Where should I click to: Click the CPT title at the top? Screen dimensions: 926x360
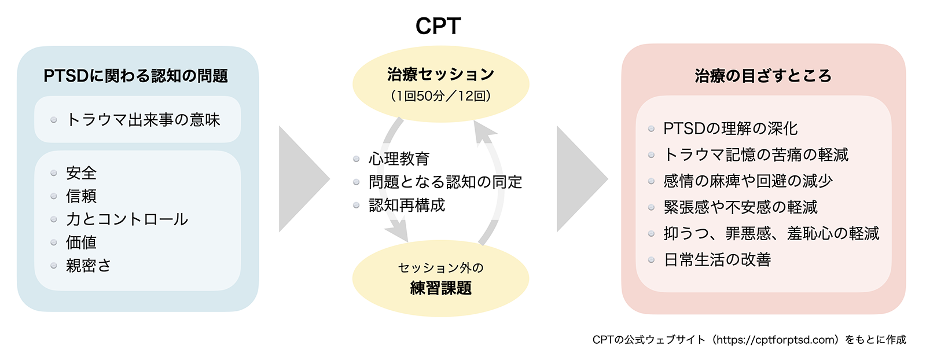point(438,26)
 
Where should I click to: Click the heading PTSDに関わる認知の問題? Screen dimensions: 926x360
point(135,76)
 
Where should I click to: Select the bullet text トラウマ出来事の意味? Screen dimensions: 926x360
point(143,119)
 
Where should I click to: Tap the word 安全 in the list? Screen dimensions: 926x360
point(82,173)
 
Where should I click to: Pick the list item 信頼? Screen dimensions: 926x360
point(82,196)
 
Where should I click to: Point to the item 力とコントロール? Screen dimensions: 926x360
point(127,219)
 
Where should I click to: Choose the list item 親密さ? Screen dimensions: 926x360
point(89,265)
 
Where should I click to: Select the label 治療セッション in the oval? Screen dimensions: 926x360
point(440,75)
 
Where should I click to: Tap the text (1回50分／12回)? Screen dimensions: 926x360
point(440,96)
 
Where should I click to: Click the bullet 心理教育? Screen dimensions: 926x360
point(399,159)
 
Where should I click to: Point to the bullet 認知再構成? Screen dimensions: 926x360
point(407,205)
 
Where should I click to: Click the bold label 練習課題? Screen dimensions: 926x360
point(440,288)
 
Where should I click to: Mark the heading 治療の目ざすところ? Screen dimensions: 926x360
point(763,76)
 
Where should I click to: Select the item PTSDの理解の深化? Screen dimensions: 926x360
point(730,128)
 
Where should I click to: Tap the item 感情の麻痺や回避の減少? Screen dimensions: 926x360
point(748,181)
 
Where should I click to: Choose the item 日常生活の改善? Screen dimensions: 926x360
point(717,259)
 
